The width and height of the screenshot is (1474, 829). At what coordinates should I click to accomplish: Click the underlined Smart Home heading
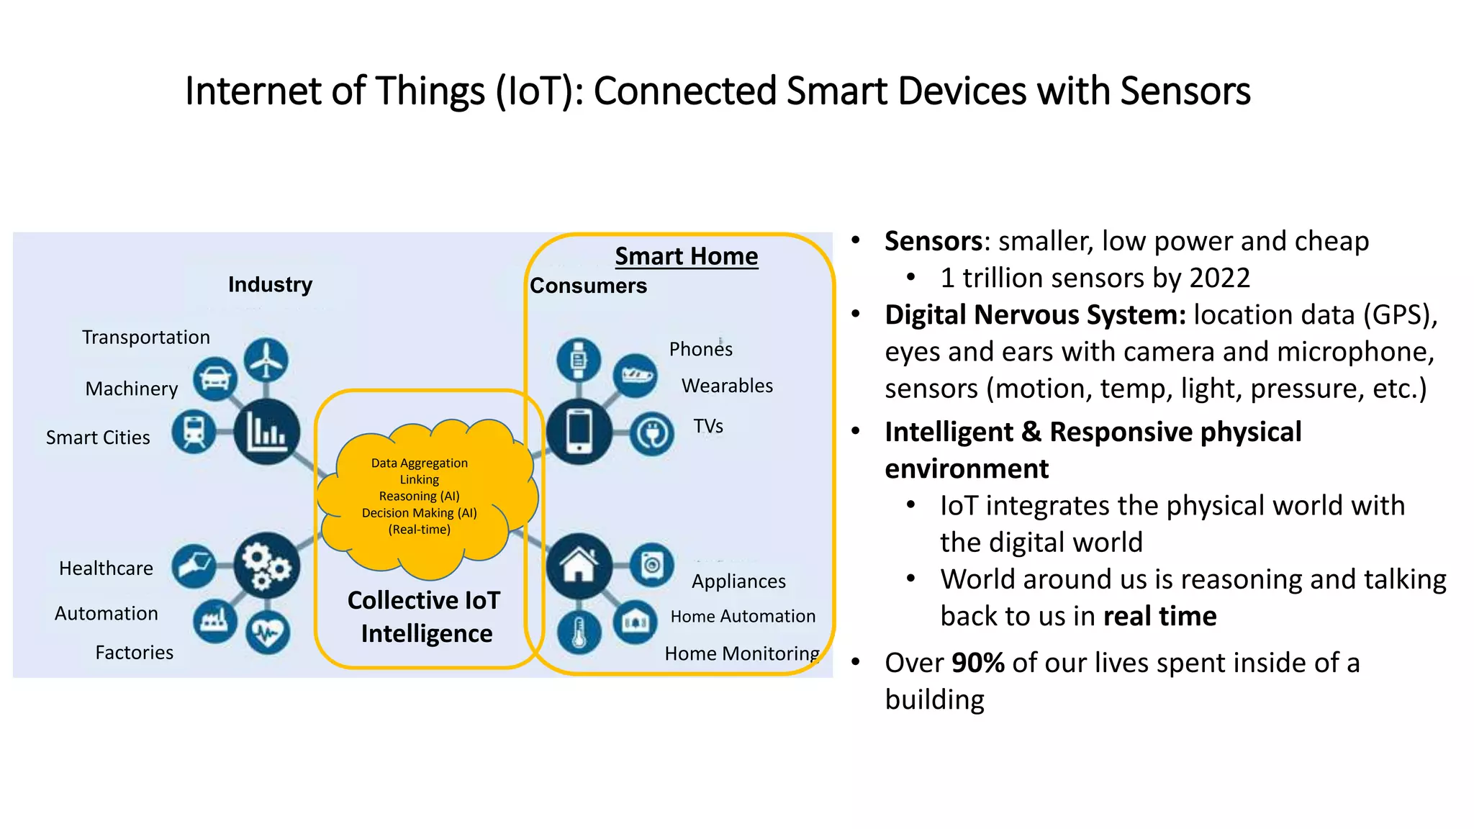pos(686,256)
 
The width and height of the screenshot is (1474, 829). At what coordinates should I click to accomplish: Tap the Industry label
pos(270,284)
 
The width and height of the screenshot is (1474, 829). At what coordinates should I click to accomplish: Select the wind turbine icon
pos(266,360)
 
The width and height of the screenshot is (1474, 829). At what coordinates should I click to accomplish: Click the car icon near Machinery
pos(215,379)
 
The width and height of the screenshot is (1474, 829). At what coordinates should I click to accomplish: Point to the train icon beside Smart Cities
pos(194,432)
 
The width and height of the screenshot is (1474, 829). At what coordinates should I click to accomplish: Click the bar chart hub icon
pos(266,432)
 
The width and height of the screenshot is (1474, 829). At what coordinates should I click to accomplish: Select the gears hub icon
pos(266,566)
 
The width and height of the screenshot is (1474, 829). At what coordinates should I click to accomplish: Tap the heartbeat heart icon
pos(268,633)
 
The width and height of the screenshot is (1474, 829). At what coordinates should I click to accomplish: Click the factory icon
pos(214,620)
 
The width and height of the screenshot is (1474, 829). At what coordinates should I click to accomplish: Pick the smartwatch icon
pos(579,359)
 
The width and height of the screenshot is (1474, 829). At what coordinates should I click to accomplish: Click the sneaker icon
pos(636,375)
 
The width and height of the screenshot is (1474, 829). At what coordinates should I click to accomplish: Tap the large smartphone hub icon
pos(579,431)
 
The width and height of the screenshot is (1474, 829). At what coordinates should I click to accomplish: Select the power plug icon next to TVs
pos(652,434)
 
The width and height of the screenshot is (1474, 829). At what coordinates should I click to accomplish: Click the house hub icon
pos(579,566)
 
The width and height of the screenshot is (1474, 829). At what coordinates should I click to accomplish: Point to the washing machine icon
pos(652,565)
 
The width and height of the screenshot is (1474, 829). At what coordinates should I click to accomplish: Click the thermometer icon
pos(579,633)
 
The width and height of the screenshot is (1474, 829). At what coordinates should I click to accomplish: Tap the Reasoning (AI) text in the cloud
pos(419,496)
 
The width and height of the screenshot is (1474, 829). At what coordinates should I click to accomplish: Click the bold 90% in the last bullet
pos(977,663)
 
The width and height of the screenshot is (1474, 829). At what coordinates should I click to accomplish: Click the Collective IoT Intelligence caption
pos(425,617)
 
